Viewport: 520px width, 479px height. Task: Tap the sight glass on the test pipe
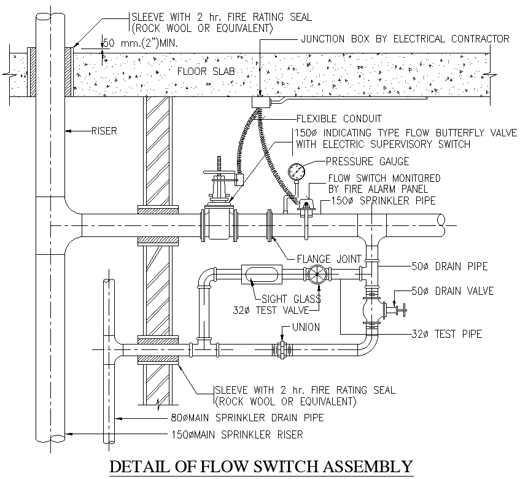(262, 274)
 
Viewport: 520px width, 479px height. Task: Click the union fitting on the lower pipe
(282, 350)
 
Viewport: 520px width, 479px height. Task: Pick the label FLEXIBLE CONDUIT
(338, 119)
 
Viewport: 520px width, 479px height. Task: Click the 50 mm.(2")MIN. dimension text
(135, 43)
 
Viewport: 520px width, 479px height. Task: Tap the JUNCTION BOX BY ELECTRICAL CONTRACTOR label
(405, 39)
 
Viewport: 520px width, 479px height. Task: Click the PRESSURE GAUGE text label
(367, 162)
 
